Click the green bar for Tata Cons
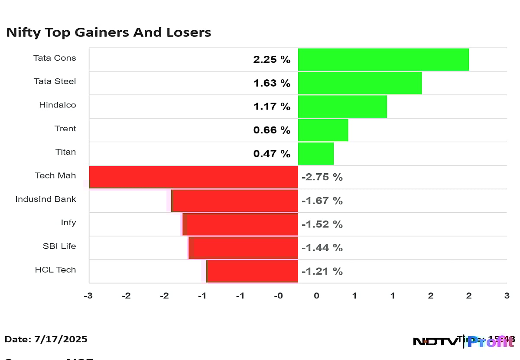click(383, 59)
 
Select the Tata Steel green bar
click(360, 83)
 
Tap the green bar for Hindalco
click(342, 107)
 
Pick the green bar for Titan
click(315, 154)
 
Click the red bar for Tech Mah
click(194, 177)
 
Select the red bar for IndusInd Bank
click(235, 201)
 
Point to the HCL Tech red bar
click(252, 271)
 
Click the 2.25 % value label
click(272, 60)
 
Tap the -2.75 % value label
click(322, 177)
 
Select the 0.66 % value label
click(272, 130)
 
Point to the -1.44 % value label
click(322, 248)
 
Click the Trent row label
click(65, 129)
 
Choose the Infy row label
click(68, 223)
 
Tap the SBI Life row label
click(59, 246)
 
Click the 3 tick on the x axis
click(507, 296)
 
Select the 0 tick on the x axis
click(316, 296)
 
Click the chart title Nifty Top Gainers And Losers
click(109, 32)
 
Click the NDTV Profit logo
click(464, 341)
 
